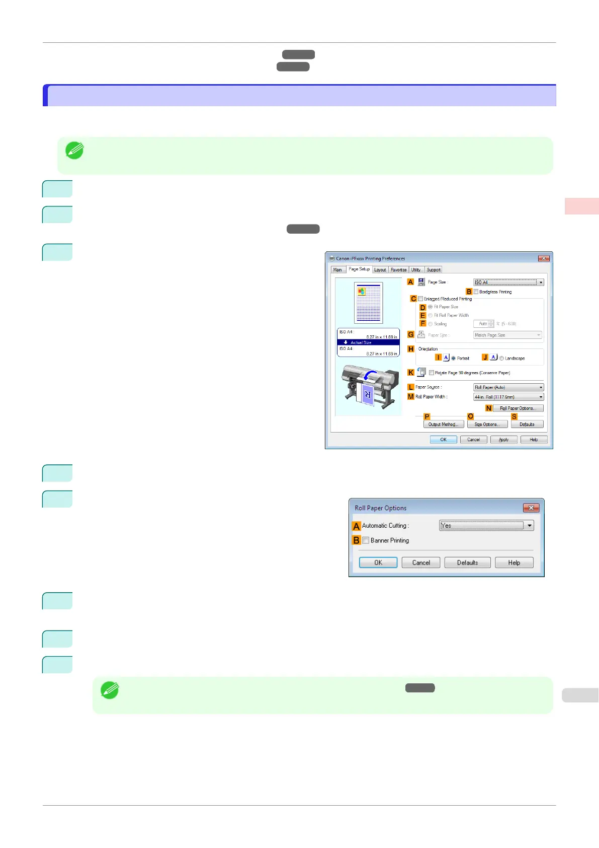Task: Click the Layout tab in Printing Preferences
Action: point(380,270)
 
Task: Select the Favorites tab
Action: point(399,270)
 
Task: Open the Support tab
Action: point(434,270)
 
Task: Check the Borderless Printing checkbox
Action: point(476,292)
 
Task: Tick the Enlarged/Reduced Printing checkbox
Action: point(421,299)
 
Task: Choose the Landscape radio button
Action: point(502,359)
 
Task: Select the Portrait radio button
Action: point(454,359)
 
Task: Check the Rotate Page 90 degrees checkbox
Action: point(432,373)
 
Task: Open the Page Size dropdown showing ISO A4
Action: point(508,282)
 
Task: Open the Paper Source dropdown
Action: point(508,387)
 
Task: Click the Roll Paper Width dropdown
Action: point(508,397)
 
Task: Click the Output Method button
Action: point(443,425)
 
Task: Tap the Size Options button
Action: point(487,425)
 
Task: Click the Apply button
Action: point(503,440)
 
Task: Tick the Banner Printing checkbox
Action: point(366,540)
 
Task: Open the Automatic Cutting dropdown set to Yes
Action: point(486,526)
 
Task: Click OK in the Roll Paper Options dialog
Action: point(378,562)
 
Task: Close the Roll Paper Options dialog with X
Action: point(531,508)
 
